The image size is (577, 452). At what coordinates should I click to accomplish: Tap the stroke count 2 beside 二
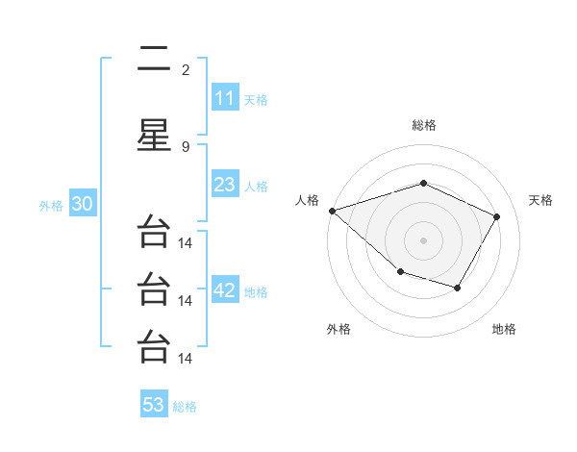coord(186,69)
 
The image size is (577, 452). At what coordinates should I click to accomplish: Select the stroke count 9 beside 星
coord(186,146)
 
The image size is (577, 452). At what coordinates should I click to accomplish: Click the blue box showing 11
coord(224,98)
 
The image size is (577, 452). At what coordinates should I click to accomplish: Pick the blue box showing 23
coord(224,185)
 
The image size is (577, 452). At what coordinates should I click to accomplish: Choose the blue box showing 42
coord(224,291)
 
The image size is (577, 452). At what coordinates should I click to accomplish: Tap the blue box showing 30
coord(82,205)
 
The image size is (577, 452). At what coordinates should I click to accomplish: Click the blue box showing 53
coord(154,405)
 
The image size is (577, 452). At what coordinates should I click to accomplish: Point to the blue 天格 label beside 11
coord(256,99)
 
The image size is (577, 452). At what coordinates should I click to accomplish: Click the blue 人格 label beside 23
coord(256,186)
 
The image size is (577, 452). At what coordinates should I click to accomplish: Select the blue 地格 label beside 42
coord(256,292)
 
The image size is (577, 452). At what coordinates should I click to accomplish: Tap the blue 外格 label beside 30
coord(51,206)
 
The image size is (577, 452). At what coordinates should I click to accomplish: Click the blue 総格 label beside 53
coord(185,406)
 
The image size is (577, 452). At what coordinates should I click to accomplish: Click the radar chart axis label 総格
coord(423,125)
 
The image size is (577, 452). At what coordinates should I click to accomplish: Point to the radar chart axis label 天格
coord(540,200)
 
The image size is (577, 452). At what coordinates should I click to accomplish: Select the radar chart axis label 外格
coord(339,330)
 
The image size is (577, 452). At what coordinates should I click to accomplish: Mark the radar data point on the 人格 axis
coord(332,210)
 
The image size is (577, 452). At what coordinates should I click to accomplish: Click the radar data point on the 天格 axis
coord(496,216)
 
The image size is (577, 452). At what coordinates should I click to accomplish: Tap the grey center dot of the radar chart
coord(423,239)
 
